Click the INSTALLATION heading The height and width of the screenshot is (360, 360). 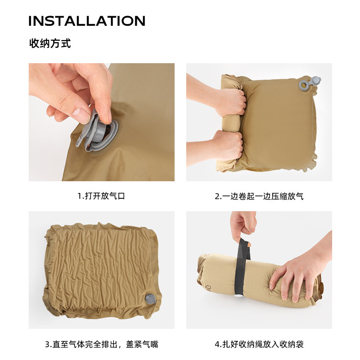click(87, 21)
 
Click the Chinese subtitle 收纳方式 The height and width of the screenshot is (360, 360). click(50, 43)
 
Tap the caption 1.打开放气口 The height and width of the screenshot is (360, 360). click(101, 196)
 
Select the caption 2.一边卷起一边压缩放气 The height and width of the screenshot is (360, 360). click(259, 196)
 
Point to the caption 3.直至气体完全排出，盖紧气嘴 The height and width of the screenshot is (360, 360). click(101, 344)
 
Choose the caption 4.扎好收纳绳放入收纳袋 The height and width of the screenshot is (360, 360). click(259, 344)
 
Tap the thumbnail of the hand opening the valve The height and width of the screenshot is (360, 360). click(101, 122)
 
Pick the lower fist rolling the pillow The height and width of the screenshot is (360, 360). click(229, 145)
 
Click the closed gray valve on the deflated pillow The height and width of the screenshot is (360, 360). click(150, 299)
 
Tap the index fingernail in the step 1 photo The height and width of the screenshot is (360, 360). click(82, 113)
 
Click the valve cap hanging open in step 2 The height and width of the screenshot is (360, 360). click(316, 81)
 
